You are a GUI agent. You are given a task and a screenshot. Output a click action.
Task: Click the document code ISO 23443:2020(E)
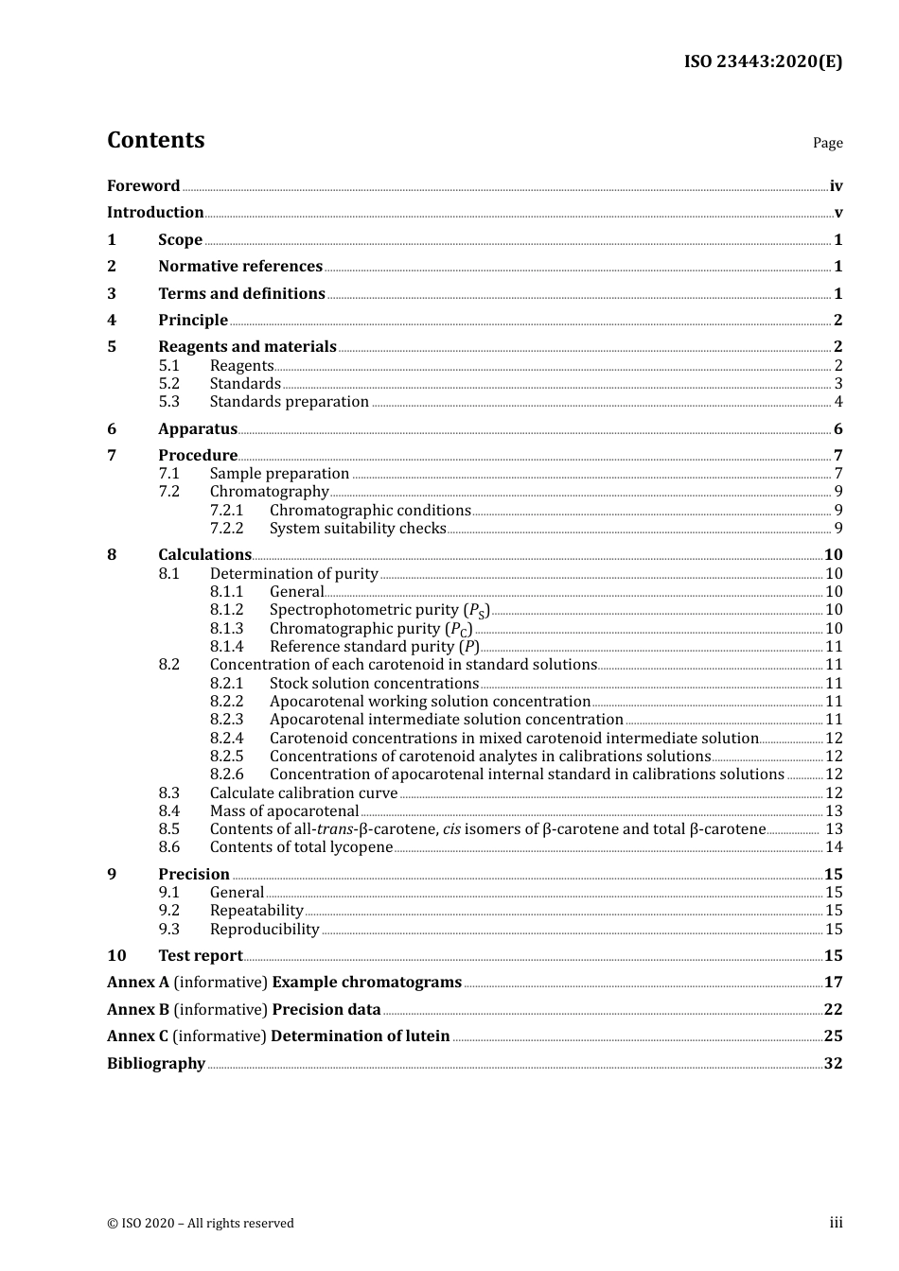click(x=763, y=61)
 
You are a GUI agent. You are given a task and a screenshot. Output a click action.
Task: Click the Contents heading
click(x=155, y=140)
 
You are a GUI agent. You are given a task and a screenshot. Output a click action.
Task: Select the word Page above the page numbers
click(x=827, y=143)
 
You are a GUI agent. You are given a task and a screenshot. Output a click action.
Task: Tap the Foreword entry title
click(x=143, y=185)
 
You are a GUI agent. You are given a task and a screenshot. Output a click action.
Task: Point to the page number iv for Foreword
click(x=836, y=185)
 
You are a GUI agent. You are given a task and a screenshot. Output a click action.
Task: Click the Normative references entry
click(x=240, y=267)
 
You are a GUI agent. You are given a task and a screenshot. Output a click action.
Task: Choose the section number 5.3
click(x=168, y=402)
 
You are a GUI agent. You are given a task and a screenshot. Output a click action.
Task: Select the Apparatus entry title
click(x=198, y=429)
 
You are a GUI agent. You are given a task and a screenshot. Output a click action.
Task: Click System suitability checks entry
click(x=358, y=529)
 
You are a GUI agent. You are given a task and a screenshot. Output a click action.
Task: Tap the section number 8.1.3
click(x=226, y=629)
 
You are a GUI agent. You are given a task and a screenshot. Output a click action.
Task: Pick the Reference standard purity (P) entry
click(x=374, y=647)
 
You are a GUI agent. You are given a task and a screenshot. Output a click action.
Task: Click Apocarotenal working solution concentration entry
click(x=430, y=702)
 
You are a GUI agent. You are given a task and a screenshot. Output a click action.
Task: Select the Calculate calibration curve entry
click(x=290, y=793)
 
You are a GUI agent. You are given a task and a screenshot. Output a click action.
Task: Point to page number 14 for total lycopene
click(x=834, y=847)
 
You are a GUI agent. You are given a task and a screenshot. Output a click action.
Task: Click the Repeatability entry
click(x=256, y=911)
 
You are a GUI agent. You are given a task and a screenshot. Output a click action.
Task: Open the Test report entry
click(x=201, y=956)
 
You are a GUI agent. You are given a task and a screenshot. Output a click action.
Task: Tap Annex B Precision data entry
click(x=244, y=1010)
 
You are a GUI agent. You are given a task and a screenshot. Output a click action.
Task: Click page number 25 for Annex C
click(x=833, y=1036)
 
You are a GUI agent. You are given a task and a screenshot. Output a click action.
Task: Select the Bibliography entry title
click(x=156, y=1064)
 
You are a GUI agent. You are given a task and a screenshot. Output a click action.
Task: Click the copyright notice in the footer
click(x=201, y=1223)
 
